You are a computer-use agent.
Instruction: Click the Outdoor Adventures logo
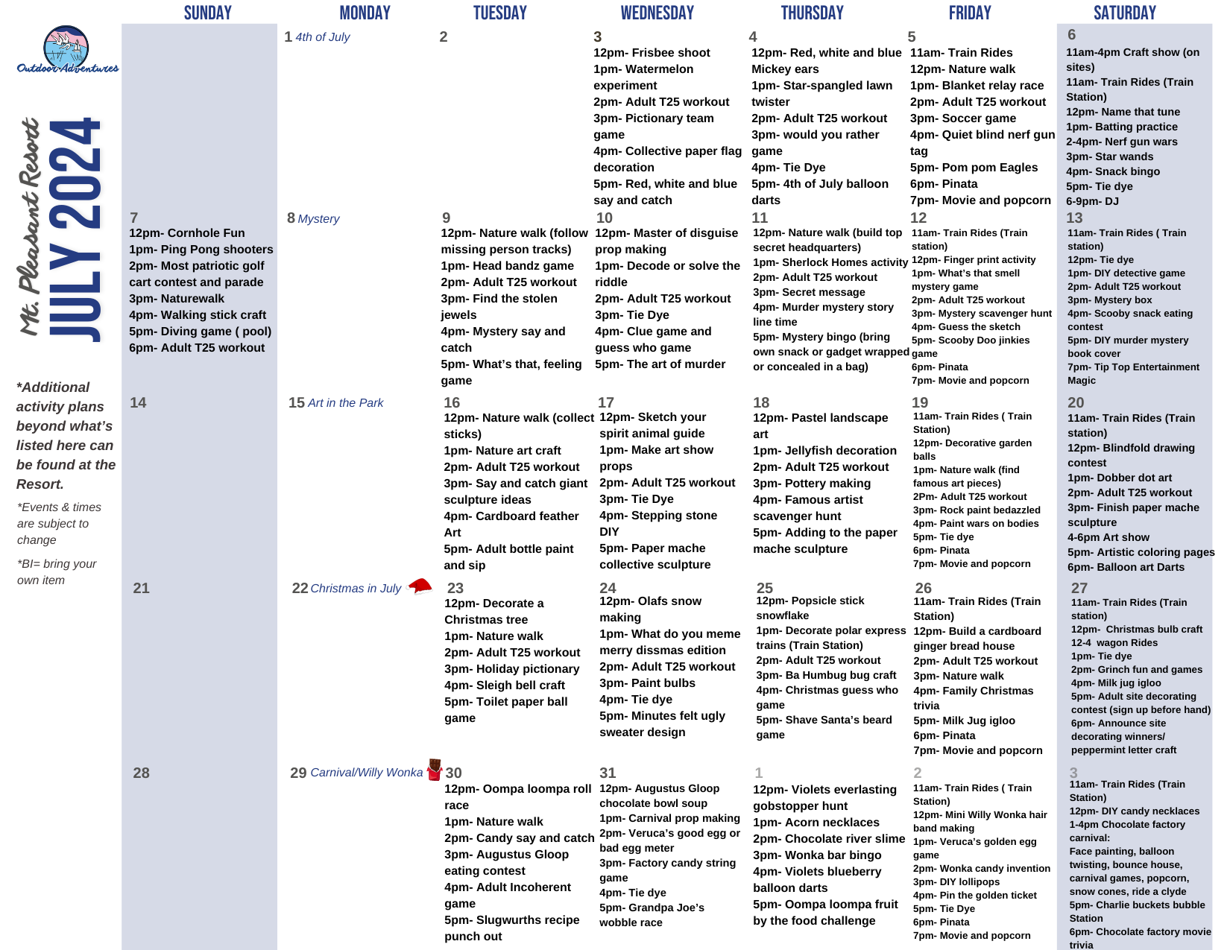point(67,51)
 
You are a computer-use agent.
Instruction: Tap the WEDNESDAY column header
point(657,13)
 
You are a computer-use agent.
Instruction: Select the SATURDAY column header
point(1124,13)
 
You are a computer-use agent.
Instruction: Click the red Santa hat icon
point(420,586)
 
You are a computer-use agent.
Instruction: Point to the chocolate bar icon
point(435,770)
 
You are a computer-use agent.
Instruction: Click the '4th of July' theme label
point(322,37)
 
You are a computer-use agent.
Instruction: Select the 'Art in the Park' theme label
point(345,403)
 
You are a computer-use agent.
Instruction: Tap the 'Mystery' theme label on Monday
point(318,219)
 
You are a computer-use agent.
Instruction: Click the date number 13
point(1074,218)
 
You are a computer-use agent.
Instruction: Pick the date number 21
point(141,588)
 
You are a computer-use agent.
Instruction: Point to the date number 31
point(608,773)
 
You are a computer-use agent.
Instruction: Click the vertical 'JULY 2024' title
point(75,229)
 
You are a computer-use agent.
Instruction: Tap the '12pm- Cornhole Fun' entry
point(186,233)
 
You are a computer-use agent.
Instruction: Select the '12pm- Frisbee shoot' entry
point(652,53)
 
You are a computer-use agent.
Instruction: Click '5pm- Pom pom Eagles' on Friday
point(974,168)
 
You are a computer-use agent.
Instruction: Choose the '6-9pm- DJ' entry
point(1092,201)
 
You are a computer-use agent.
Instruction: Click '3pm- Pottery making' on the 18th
point(812,484)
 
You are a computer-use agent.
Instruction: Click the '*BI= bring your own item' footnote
point(57,571)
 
